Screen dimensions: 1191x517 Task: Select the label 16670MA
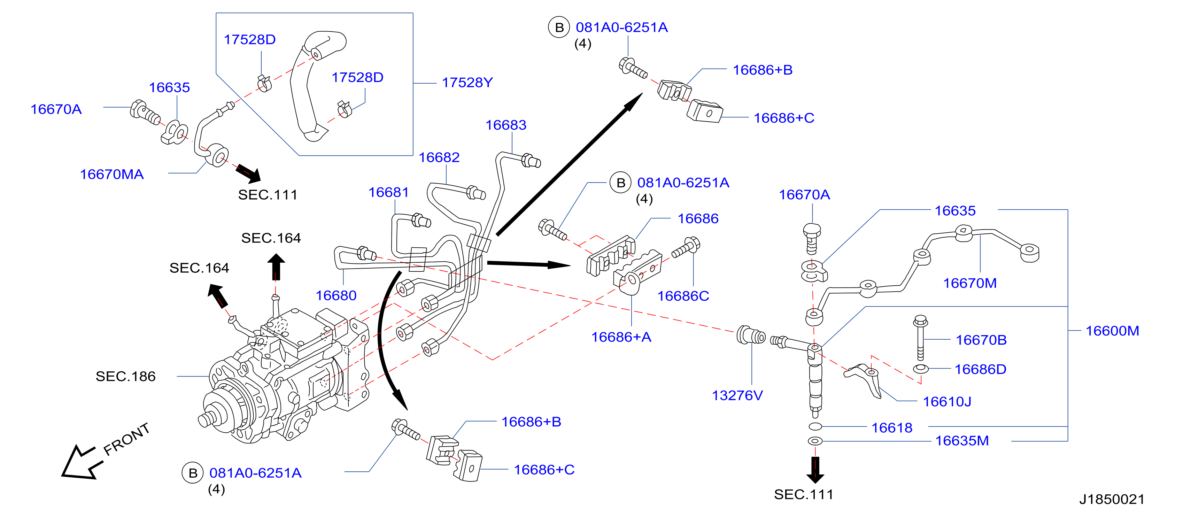coord(112,174)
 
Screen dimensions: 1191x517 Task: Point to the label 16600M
coord(1112,331)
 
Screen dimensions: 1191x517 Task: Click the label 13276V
coord(737,395)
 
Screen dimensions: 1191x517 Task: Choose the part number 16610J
coord(947,401)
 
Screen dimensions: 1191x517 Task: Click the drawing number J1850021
coord(1112,500)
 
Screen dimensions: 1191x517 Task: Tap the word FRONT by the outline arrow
coord(126,439)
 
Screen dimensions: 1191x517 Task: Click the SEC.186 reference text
coord(125,376)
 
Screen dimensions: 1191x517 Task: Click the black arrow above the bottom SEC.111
coord(815,470)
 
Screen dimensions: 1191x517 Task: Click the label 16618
coord(892,428)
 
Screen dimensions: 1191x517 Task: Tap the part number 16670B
coord(981,340)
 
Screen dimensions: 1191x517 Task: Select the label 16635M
coord(962,441)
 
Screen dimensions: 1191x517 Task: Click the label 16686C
coord(683,296)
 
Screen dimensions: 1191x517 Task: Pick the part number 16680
coord(336,295)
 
